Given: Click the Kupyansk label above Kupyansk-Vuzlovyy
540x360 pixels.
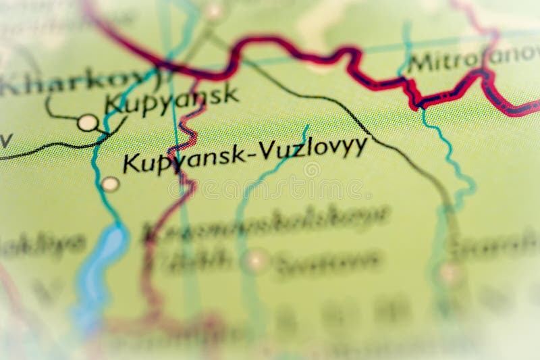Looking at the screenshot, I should [171, 99].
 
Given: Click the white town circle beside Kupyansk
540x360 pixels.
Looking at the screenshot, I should [87, 122].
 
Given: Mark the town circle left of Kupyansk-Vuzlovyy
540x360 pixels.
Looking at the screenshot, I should [110, 184].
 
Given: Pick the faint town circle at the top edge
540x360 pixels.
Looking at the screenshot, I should [214, 10].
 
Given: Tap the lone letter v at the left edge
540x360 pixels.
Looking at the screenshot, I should [5, 140].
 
